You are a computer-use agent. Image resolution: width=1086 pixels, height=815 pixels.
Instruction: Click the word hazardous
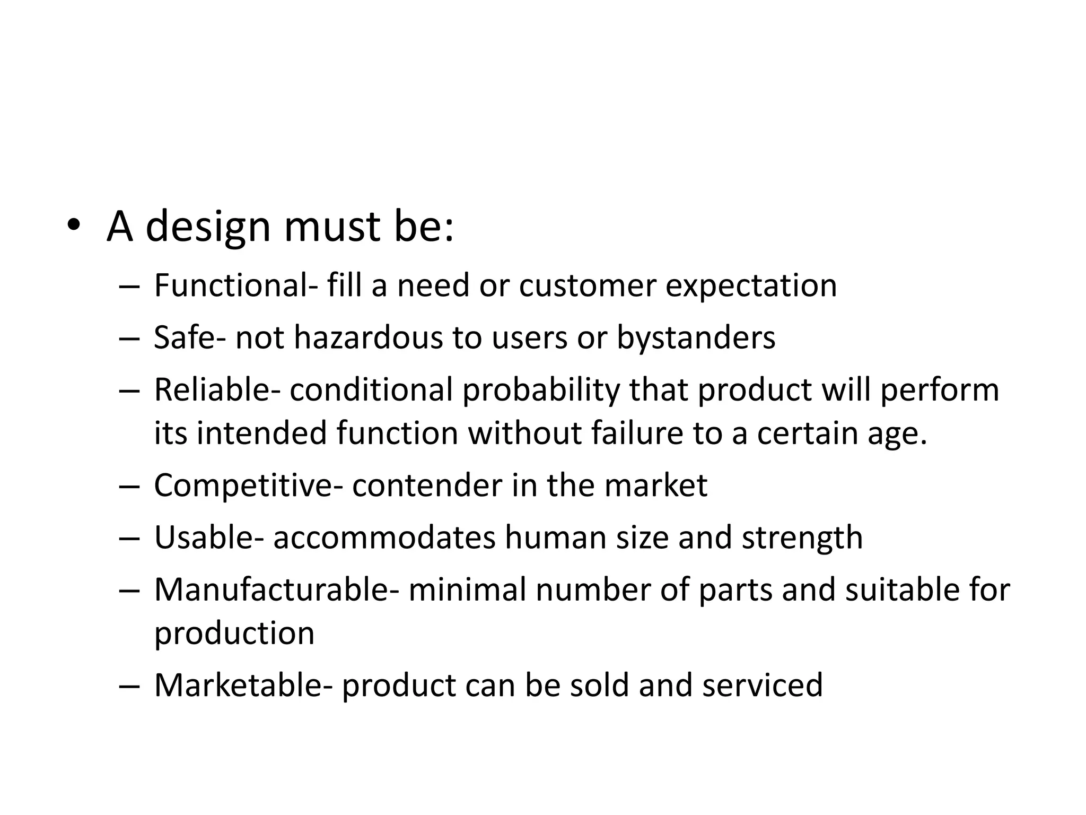[x=368, y=337]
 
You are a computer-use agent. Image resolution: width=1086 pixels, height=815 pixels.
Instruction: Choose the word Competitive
[x=244, y=485]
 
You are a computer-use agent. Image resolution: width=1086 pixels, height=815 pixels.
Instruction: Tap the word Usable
[x=205, y=537]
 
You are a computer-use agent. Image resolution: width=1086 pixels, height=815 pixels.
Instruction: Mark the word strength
[x=802, y=538]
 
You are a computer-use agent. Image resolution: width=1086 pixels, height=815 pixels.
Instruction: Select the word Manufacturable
[x=273, y=589]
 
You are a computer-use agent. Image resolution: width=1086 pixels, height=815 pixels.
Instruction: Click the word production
[x=234, y=634]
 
